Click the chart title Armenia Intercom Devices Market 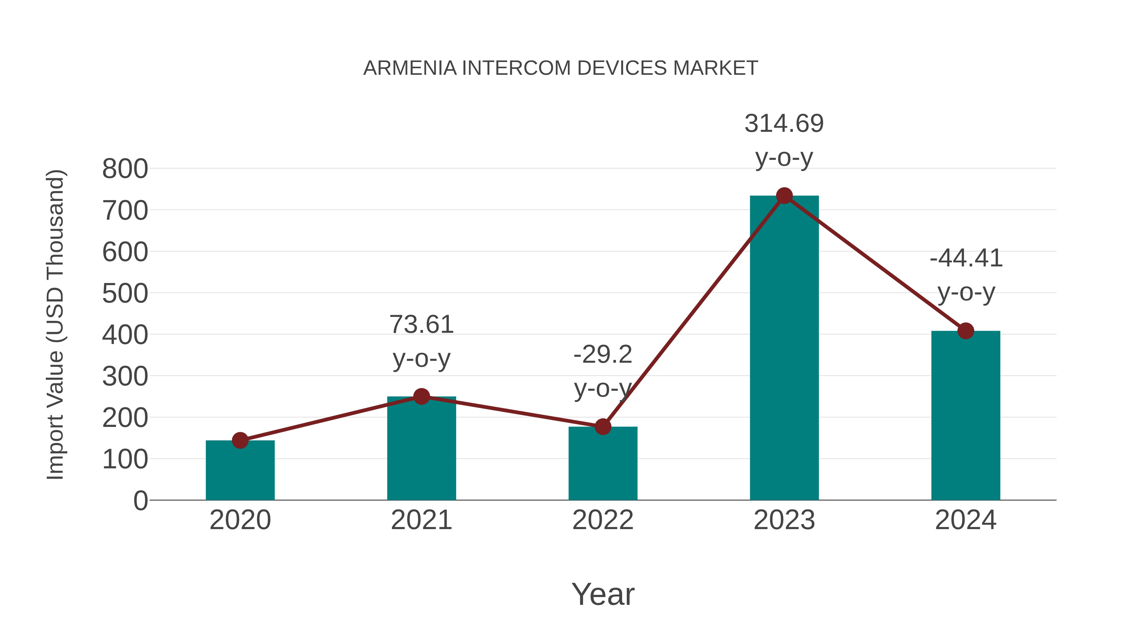[561, 68]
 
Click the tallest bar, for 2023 [784, 348]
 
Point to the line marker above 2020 [240, 440]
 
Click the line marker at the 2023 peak [784, 196]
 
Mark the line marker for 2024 [966, 331]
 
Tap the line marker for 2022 [603, 427]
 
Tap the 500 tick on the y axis [125, 294]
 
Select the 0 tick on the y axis [140, 501]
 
